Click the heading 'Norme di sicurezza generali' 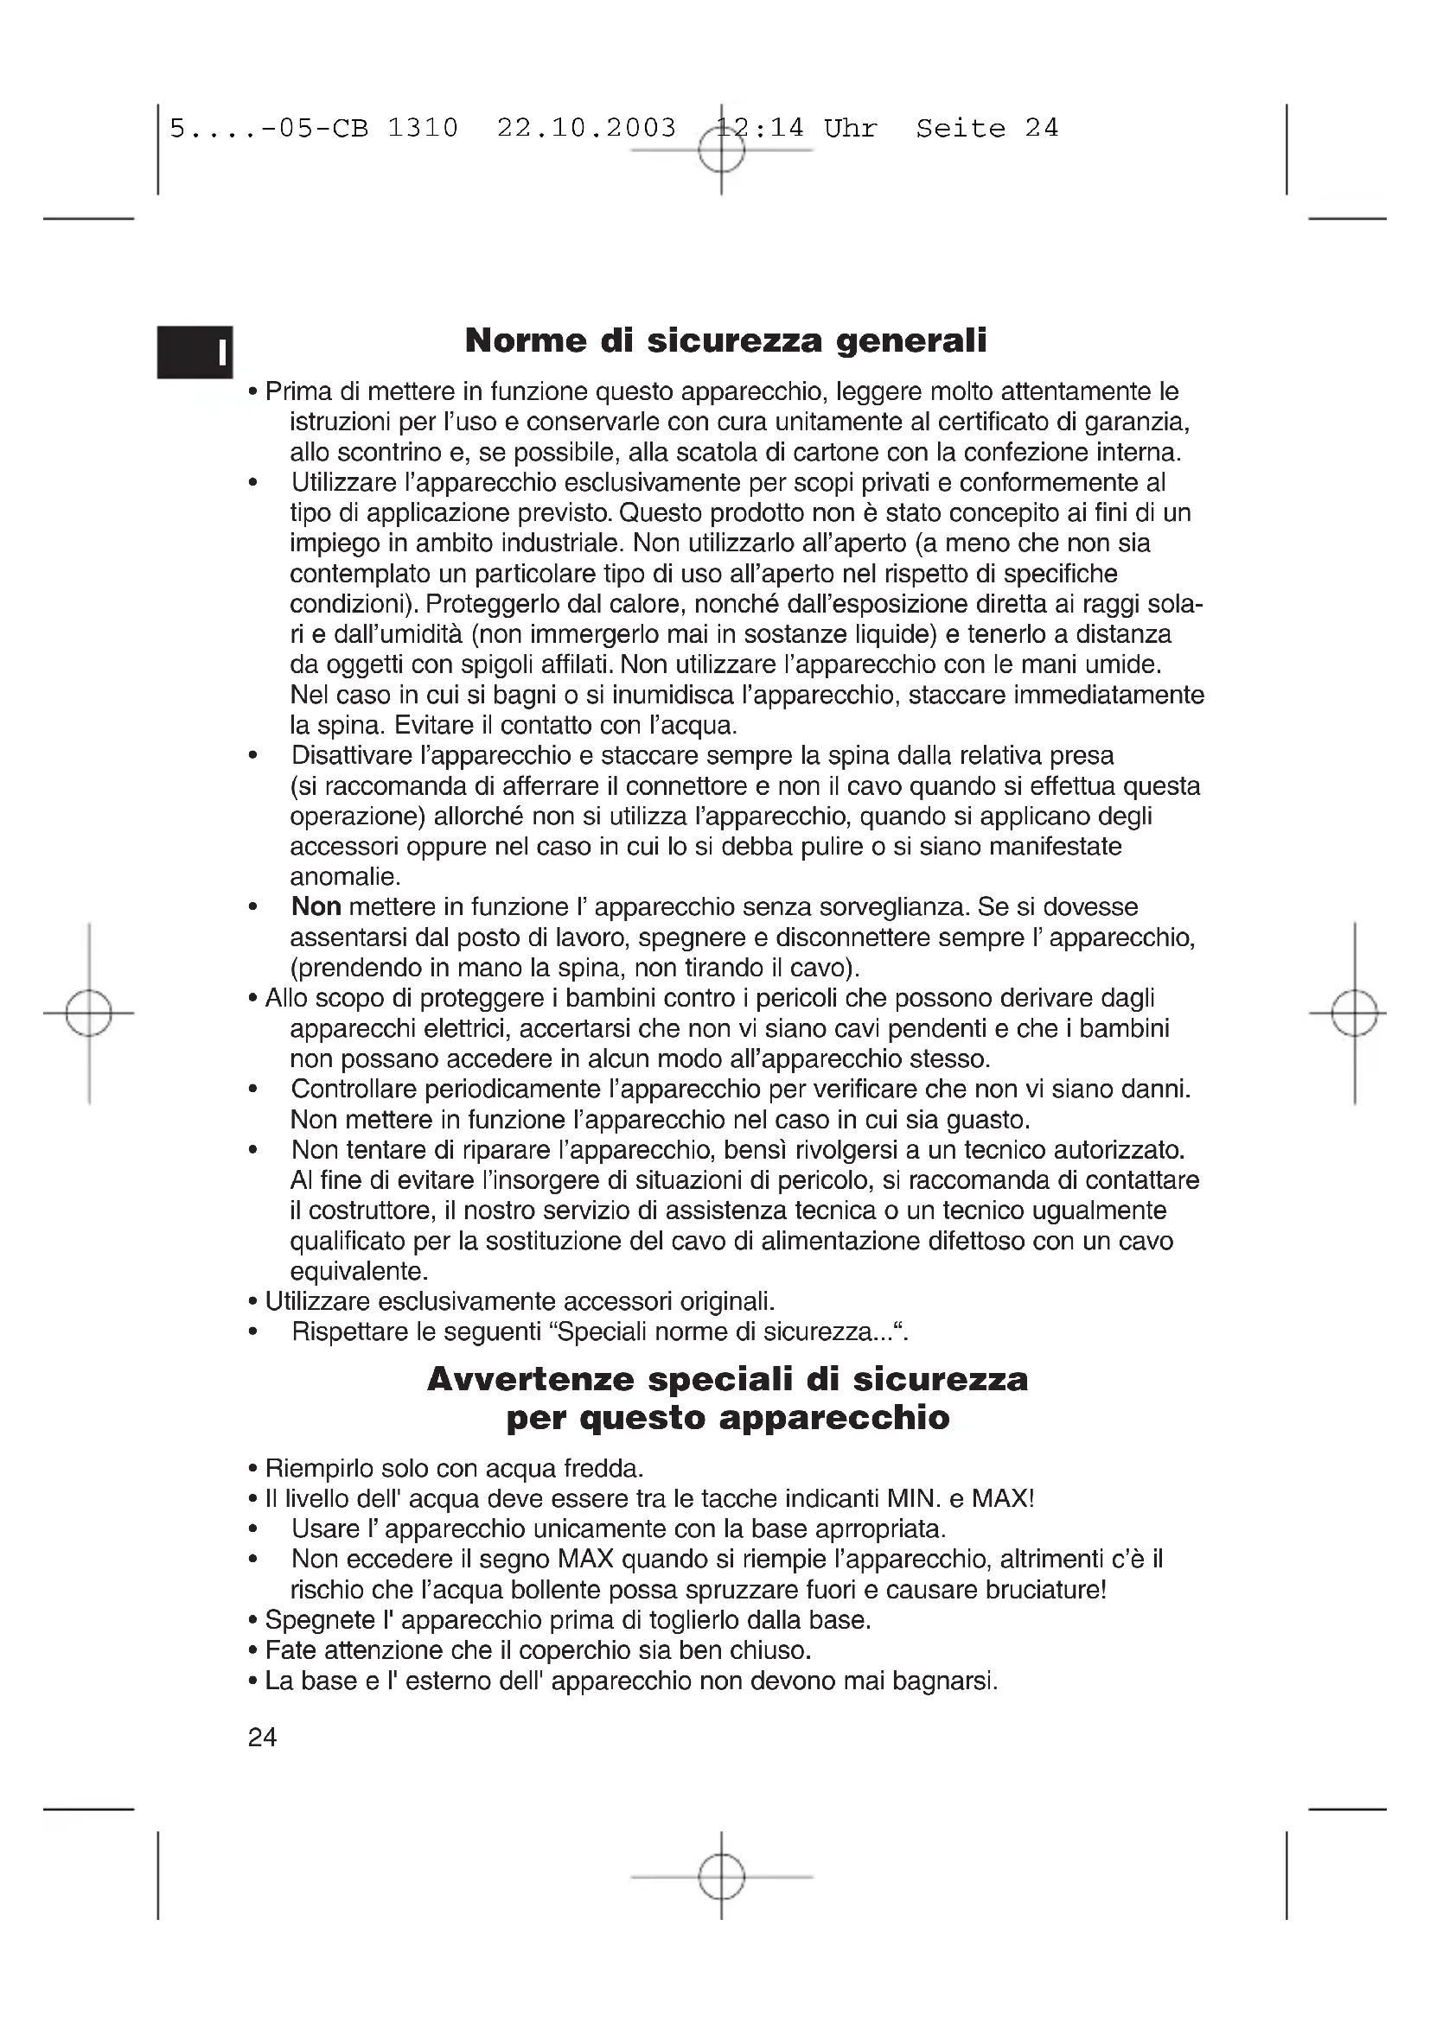(725, 340)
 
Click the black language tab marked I (195, 352)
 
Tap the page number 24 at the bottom (263, 1737)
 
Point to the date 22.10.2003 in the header (586, 129)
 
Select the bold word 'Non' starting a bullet (316, 906)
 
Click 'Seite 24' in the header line (987, 129)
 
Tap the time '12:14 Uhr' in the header (797, 129)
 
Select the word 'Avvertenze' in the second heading (530, 1379)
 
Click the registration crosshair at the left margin (89, 1014)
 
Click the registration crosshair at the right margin (1354, 1014)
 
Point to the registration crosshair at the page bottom (721, 1877)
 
